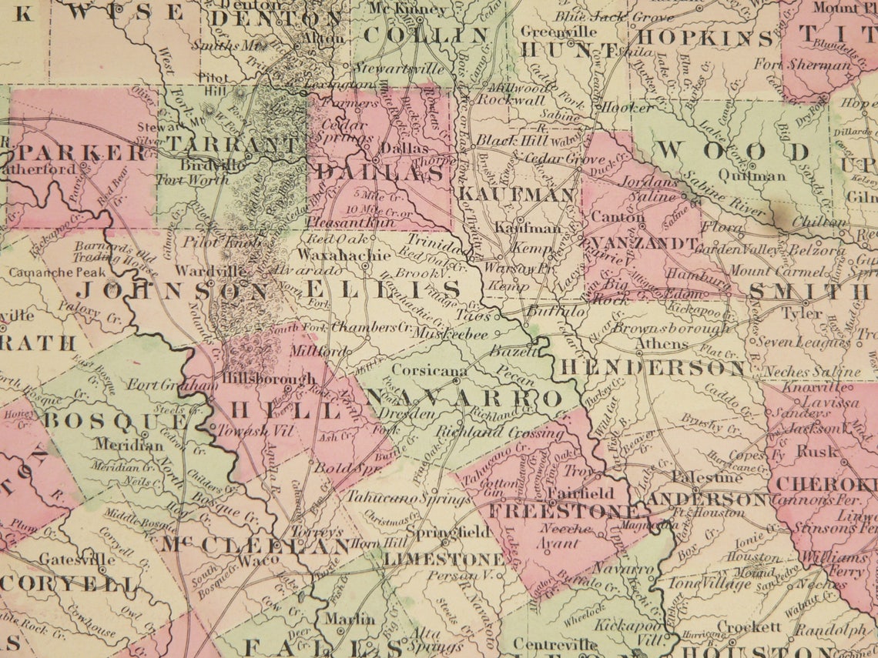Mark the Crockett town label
point(746,627)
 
